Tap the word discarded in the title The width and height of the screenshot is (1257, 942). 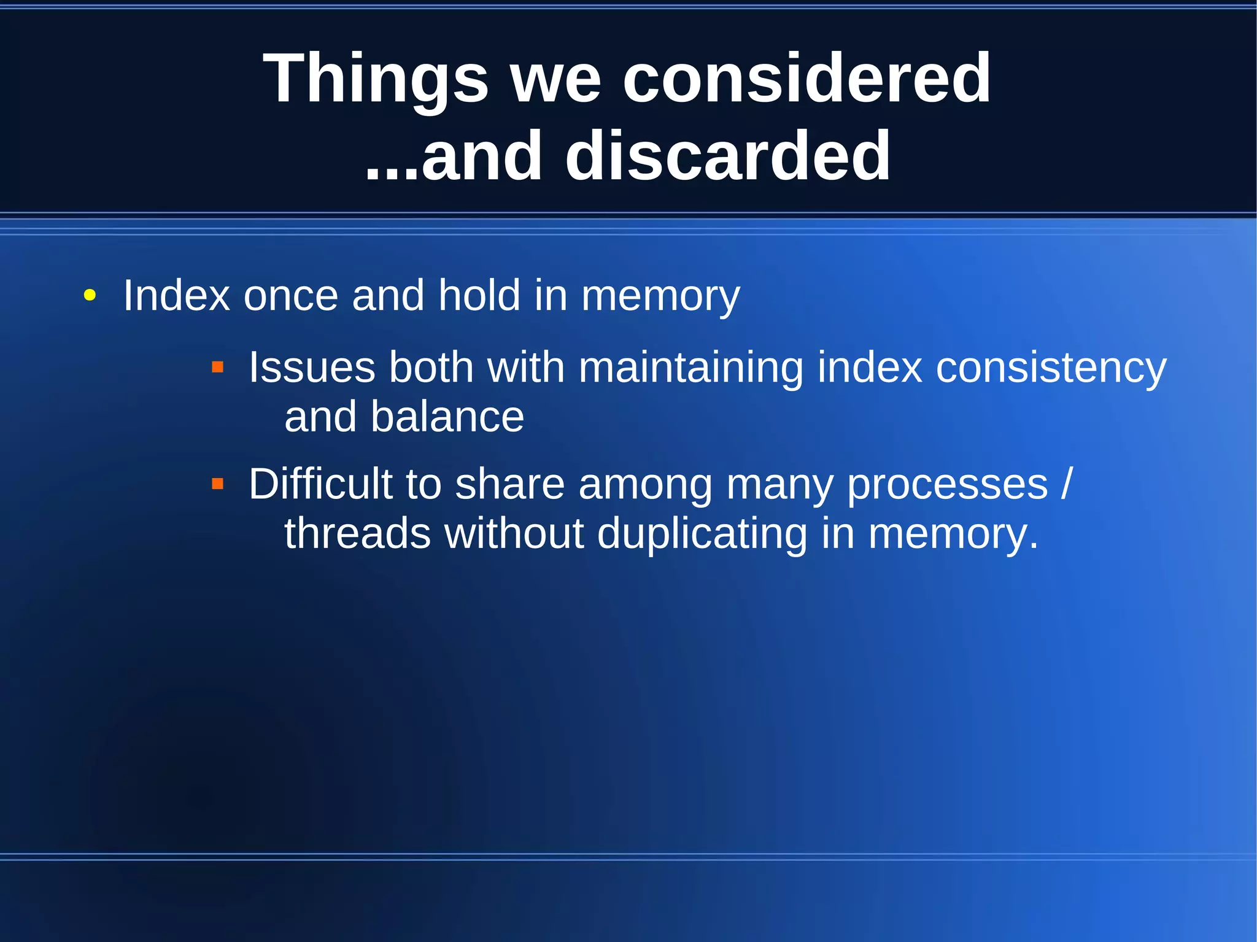pos(727,156)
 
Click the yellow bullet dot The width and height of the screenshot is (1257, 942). pos(90,296)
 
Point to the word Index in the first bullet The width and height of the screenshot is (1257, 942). pos(176,296)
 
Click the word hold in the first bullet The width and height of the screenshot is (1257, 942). pos(479,296)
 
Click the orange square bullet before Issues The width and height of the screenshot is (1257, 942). pos(217,368)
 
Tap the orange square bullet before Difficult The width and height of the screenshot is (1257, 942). pos(217,484)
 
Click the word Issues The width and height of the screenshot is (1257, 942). pos(311,368)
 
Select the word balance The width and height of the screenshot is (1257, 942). pos(447,417)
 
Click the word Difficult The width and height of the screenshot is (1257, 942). pos(320,484)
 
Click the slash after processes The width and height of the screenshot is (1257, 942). pos(1067,484)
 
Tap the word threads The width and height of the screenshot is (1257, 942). pos(357,533)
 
